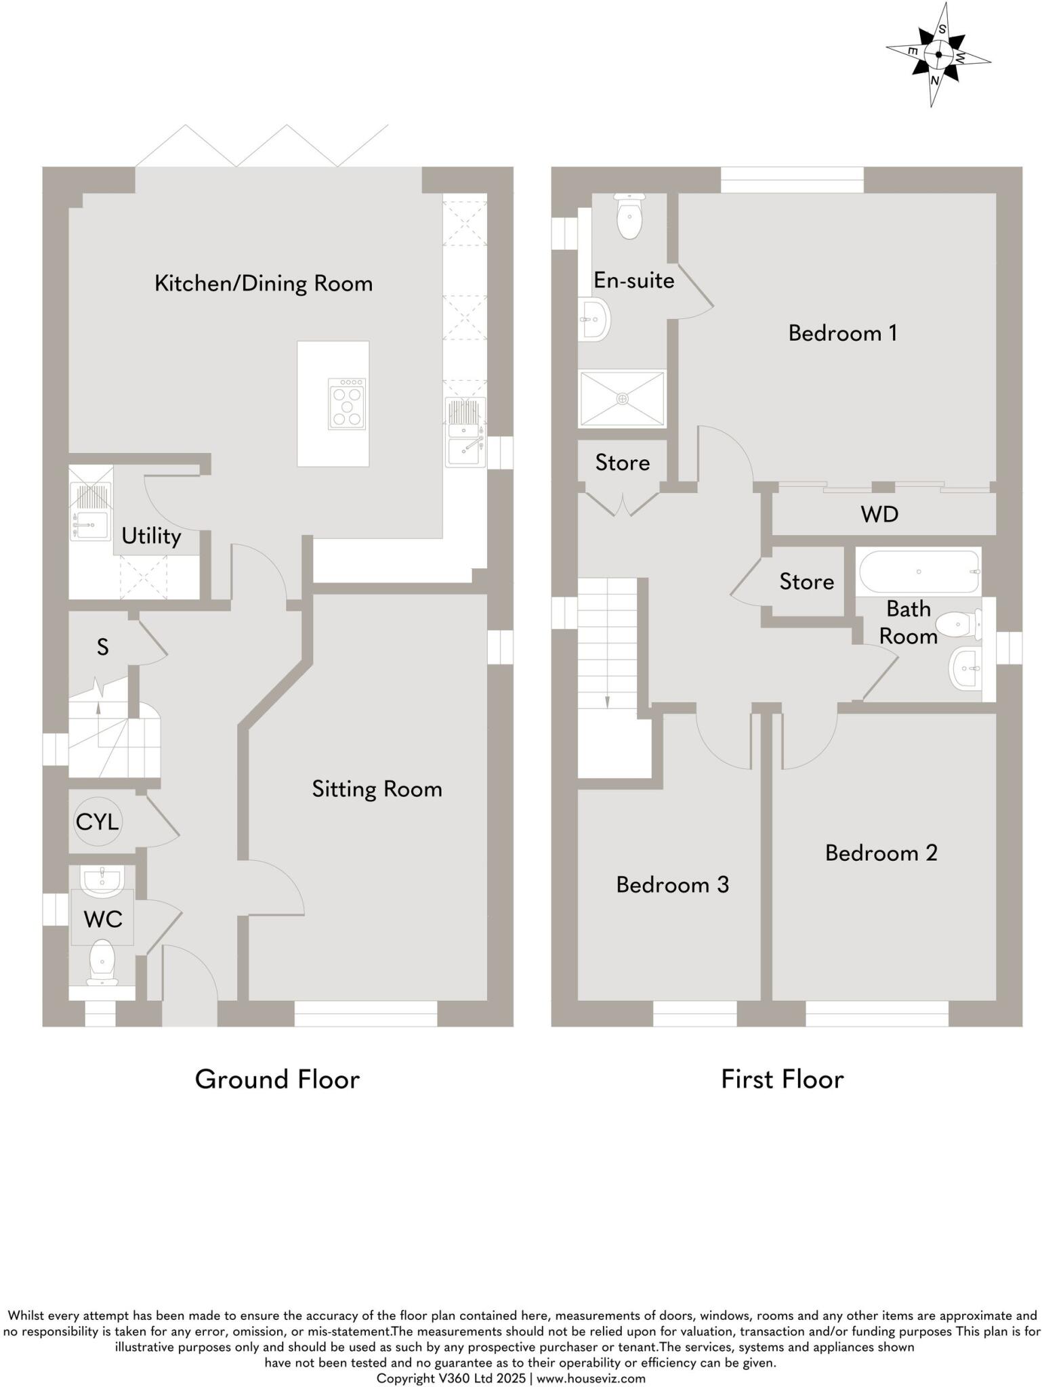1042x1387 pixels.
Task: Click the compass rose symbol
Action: click(x=938, y=56)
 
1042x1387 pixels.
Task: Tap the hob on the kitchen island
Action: click(x=347, y=404)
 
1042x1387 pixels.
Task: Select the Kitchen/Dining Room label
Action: click(x=264, y=283)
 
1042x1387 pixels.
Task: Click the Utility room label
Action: click(x=151, y=536)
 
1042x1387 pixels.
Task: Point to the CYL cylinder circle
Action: click(x=98, y=822)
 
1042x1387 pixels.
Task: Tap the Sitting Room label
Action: click(x=377, y=789)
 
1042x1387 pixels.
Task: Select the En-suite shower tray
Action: click(x=622, y=398)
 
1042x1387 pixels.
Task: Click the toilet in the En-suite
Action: click(x=629, y=217)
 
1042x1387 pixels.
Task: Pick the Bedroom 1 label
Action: click(x=842, y=333)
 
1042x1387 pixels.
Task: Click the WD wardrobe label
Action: click(x=879, y=515)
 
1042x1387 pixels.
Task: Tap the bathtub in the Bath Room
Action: click(x=919, y=572)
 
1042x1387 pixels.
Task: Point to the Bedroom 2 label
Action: click(x=881, y=853)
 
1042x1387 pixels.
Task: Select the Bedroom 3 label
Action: click(x=672, y=884)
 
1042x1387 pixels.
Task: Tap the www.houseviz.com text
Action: click(x=591, y=1378)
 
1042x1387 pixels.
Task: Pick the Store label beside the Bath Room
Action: click(x=806, y=582)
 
